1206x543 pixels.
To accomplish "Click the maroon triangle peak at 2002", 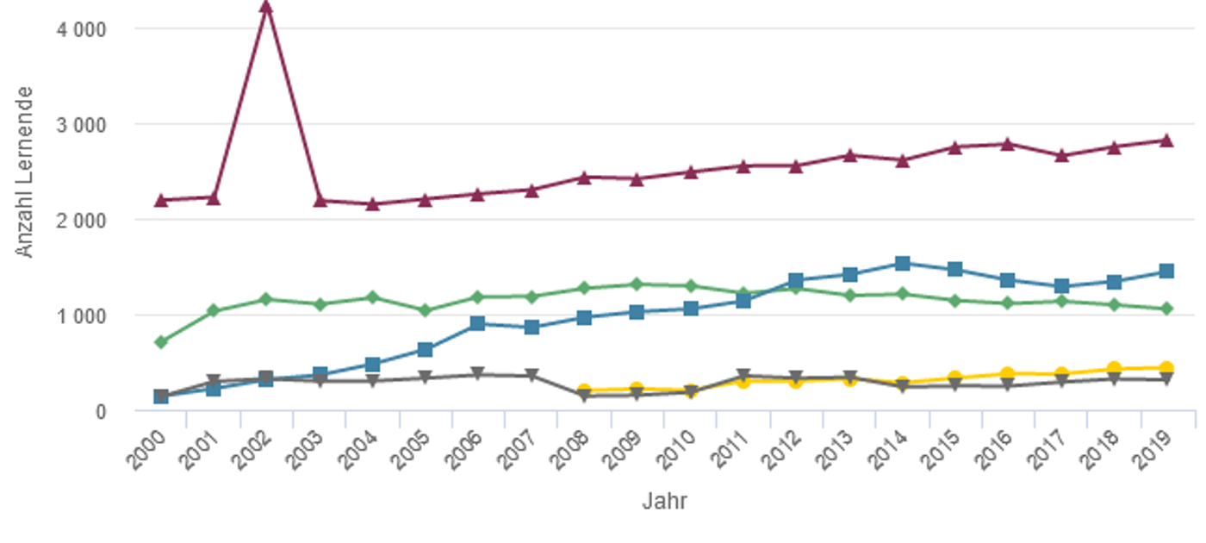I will click(266, 8).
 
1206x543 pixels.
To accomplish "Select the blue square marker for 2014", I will click(902, 264).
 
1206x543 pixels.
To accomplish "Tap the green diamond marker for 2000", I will click(160, 342).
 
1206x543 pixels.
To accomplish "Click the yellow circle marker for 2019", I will click(1166, 368).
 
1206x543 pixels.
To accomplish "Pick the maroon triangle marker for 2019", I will click(1166, 140).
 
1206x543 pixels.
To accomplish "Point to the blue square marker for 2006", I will click(478, 323).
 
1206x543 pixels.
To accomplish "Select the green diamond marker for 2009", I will click(637, 284).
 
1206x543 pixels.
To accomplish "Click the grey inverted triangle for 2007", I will click(532, 376).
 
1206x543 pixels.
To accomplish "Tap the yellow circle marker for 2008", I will click(584, 391).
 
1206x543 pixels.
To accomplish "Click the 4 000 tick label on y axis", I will click(83, 29).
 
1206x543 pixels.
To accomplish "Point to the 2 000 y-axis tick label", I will click(83, 221).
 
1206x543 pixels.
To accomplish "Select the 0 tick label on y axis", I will click(101, 412).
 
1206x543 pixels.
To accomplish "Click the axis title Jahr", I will click(664, 502).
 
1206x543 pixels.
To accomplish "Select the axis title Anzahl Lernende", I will click(25, 171).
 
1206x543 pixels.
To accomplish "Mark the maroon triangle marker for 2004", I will click(372, 204).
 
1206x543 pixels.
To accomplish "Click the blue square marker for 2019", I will click(1166, 271).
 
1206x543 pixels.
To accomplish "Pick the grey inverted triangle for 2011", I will click(743, 376).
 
